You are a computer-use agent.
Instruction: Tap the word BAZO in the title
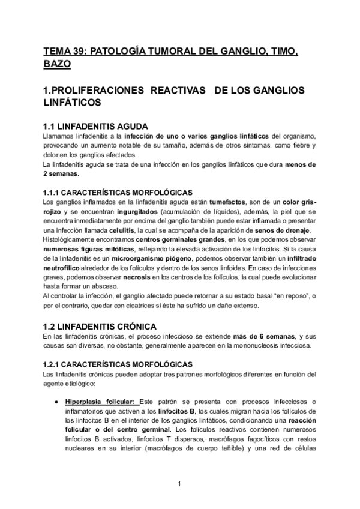[57, 63]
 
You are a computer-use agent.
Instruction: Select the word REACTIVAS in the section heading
[175, 90]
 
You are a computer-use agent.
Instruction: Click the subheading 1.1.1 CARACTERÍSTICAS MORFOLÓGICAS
[118, 192]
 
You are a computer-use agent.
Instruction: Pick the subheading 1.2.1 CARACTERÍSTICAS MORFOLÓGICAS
[118, 364]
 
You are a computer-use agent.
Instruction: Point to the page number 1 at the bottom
[179, 484]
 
